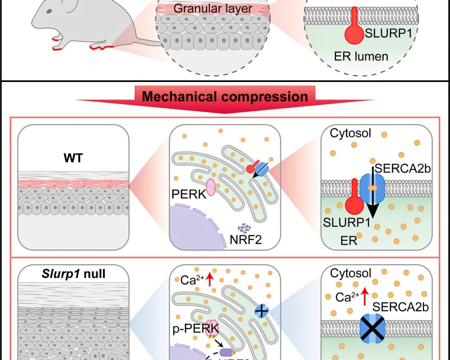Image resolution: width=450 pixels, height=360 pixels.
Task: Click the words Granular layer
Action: pyautogui.click(x=213, y=8)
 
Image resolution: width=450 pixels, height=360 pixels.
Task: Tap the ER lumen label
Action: pyautogui.click(x=361, y=56)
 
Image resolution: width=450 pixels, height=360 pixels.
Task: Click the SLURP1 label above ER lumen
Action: pyautogui.click(x=388, y=33)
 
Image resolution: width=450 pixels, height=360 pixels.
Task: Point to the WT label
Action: pyautogui.click(x=73, y=158)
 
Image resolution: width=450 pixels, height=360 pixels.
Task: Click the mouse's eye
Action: pyautogui.click(x=49, y=12)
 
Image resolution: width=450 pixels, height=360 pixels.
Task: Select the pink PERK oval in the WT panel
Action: pyautogui.click(x=211, y=187)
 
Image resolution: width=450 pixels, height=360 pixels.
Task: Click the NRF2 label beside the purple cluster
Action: pyautogui.click(x=245, y=240)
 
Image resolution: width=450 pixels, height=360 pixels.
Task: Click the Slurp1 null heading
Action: pyautogui.click(x=73, y=274)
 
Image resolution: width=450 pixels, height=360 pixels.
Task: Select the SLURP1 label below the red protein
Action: pyautogui.click(x=346, y=223)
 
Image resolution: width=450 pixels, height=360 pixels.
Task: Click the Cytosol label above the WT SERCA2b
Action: pyautogui.click(x=350, y=133)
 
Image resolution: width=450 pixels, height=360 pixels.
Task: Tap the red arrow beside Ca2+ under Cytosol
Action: pyautogui.click(x=365, y=296)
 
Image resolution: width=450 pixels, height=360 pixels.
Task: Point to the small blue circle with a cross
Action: pyautogui.click(x=261, y=311)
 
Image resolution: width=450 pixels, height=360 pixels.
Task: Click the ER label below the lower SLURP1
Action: pyautogui.click(x=348, y=241)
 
